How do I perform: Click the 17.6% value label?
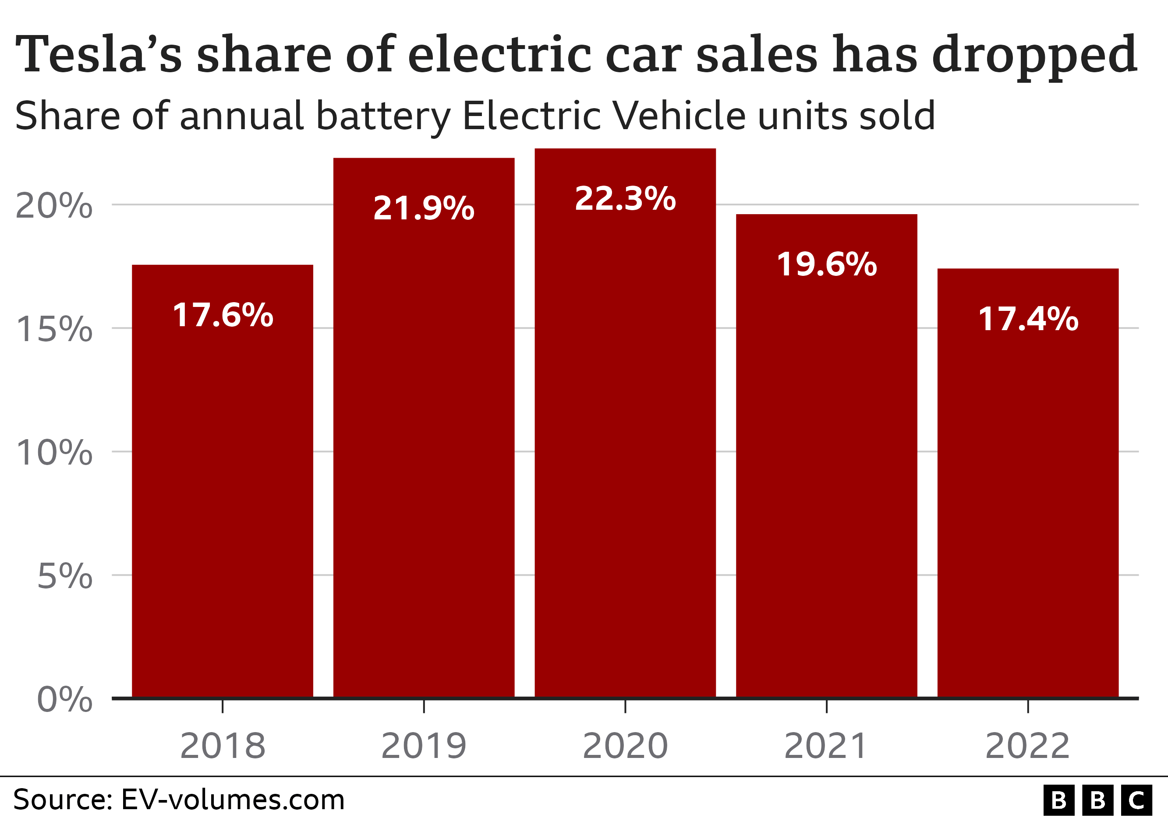[223, 315]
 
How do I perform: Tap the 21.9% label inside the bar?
[424, 208]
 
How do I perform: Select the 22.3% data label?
[625, 199]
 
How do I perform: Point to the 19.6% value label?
[827, 264]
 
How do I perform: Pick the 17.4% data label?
[1028, 319]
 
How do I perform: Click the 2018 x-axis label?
[223, 746]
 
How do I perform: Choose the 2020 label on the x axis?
[625, 746]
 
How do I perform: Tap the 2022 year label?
[1028, 746]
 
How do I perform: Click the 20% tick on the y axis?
[54, 206]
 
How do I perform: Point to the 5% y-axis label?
[64, 577]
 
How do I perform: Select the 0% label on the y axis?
[64, 700]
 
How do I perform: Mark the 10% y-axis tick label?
[54, 452]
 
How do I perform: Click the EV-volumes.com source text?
[233, 800]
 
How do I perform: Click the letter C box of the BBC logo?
[1137, 801]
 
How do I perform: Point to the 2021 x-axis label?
[826, 746]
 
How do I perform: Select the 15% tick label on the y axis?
[54, 329]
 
